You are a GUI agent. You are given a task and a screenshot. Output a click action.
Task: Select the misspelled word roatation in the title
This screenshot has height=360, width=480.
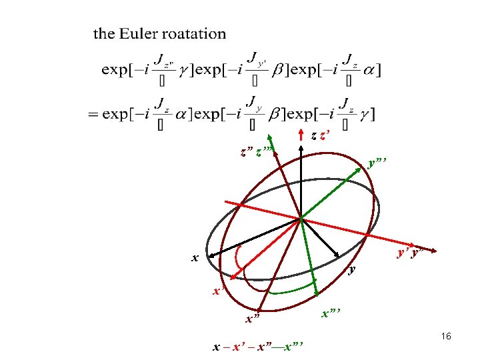[x=193, y=33]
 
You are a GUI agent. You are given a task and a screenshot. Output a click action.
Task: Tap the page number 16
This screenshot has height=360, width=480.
[x=446, y=337]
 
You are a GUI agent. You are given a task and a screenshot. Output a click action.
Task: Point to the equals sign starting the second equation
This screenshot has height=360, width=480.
[x=93, y=114]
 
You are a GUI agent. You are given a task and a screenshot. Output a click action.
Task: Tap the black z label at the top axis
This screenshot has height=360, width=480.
[x=313, y=135]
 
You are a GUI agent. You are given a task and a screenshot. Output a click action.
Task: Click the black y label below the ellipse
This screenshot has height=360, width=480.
[x=353, y=270]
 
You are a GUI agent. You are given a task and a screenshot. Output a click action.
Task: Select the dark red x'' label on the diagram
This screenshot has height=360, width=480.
[x=252, y=319]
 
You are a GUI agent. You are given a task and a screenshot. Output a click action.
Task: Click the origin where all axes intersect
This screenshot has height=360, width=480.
[x=301, y=218]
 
